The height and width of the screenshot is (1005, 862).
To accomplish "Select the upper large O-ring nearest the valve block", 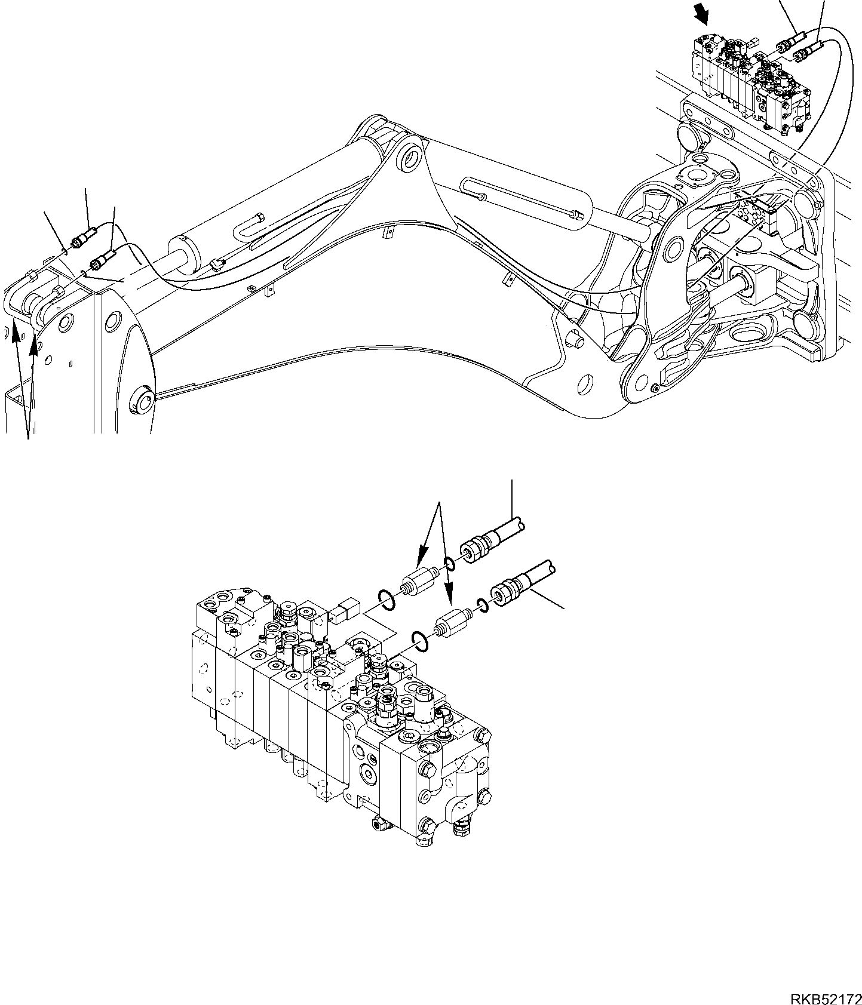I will [x=386, y=598].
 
